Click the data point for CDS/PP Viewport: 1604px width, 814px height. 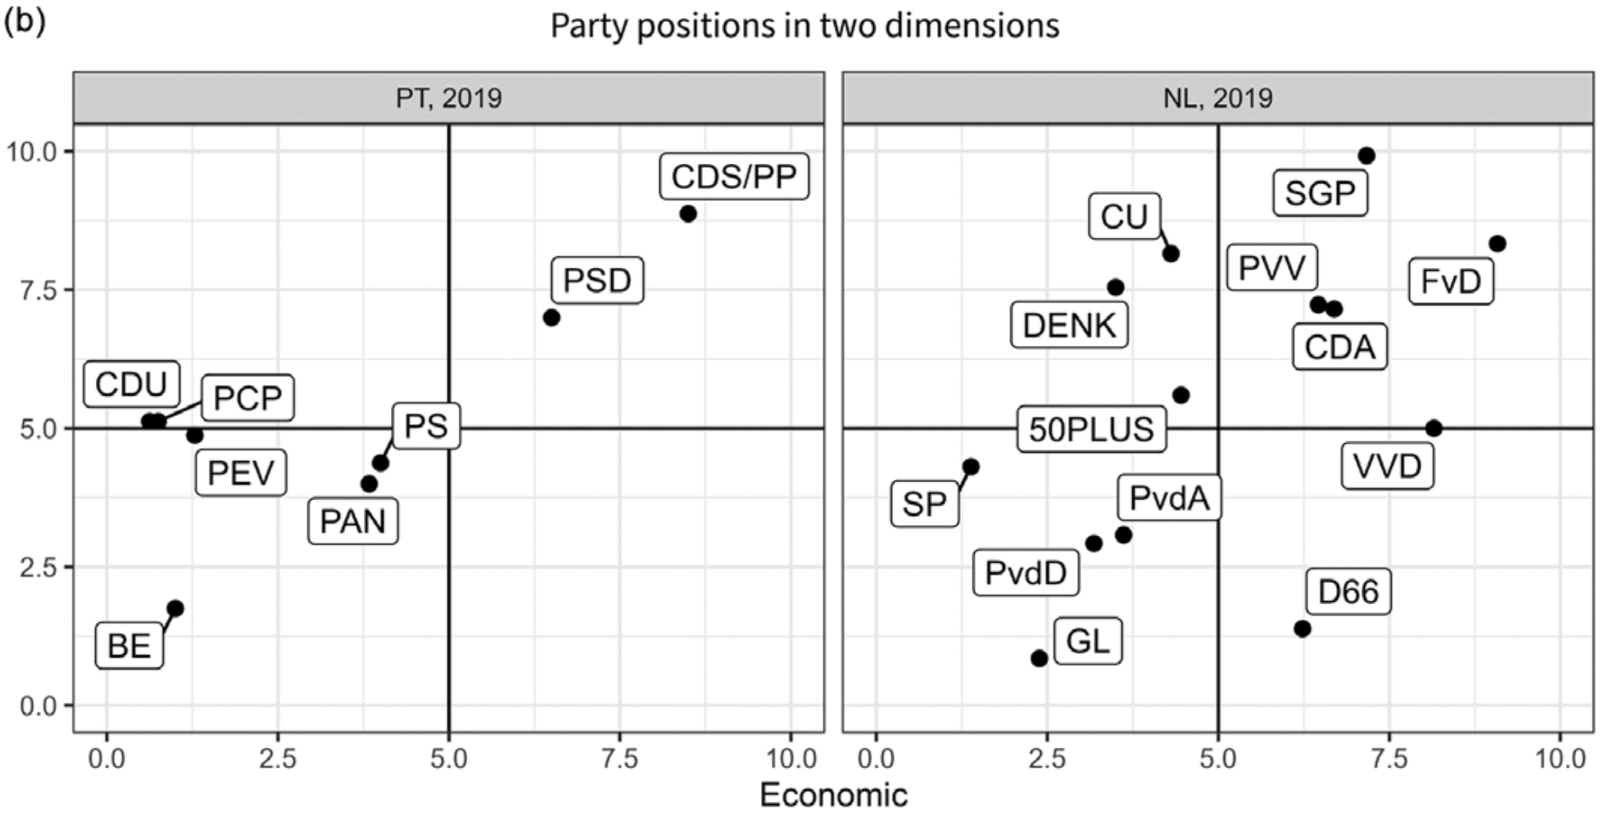688,214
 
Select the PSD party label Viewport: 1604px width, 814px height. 596,281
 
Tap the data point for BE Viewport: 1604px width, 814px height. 175,608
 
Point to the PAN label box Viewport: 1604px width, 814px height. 352,522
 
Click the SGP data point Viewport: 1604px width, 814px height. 1366,156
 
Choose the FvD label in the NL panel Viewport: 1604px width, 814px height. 1451,282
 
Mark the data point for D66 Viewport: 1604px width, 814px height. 1303,629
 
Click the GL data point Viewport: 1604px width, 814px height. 1040,658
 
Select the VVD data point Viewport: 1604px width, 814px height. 1434,428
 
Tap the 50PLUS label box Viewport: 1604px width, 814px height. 1091,429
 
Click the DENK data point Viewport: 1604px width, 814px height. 1116,287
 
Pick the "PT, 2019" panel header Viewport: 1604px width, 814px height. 448,98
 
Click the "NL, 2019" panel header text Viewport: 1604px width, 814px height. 1218,98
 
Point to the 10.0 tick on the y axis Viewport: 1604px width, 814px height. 32,151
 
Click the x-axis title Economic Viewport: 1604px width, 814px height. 833,795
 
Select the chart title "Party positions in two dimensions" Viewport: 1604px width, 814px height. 804,25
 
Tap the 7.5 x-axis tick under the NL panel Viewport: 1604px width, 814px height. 1389,759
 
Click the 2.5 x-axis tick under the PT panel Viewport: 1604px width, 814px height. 278,759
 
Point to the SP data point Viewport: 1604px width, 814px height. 971,467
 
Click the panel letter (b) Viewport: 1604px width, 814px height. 24,20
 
